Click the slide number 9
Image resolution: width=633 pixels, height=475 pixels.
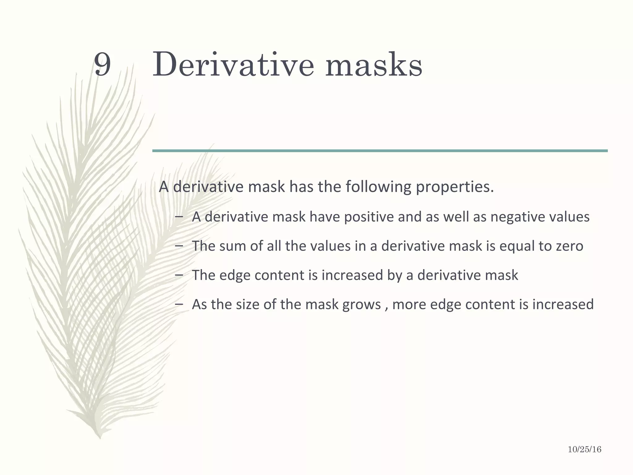pos(102,64)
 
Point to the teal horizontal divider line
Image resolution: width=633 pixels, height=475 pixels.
pos(380,151)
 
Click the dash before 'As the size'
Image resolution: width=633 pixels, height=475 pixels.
pos(179,304)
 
